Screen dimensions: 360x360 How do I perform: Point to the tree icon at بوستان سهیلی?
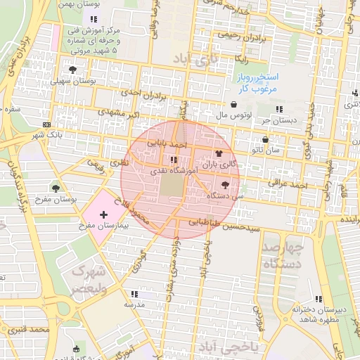coord(73,70)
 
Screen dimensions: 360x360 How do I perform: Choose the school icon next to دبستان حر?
coord(279,109)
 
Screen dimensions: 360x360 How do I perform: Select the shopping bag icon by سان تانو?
coord(264,139)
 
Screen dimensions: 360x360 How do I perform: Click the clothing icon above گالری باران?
coord(218,153)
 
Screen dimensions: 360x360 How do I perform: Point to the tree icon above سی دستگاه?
coord(225,185)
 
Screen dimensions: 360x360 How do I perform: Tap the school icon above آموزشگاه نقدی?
coord(174,160)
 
